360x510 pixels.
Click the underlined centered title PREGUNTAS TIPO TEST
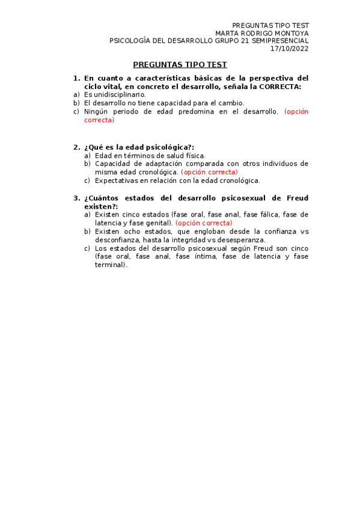180,64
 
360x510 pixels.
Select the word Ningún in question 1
96,112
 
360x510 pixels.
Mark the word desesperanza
239,240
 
